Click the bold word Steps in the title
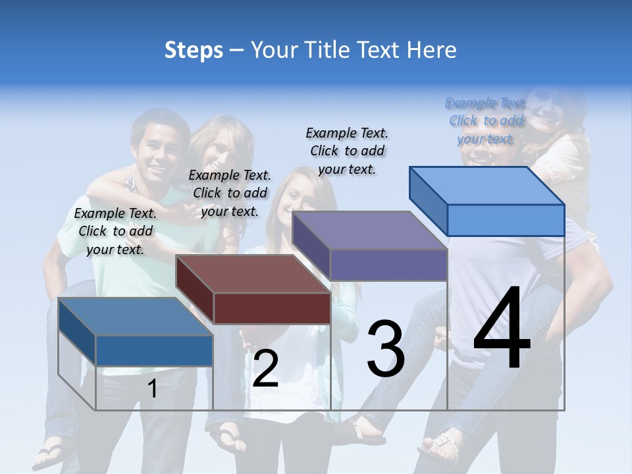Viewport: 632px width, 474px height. click(x=193, y=50)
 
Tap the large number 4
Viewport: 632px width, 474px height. click(x=502, y=330)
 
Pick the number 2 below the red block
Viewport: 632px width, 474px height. click(x=265, y=369)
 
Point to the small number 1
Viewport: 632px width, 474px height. click(x=152, y=388)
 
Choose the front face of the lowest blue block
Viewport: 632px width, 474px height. click(x=154, y=350)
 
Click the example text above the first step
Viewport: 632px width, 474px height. click(x=115, y=231)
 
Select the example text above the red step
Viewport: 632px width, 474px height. click(x=230, y=193)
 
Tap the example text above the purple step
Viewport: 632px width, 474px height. click(x=347, y=151)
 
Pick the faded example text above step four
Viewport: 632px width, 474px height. click(x=486, y=121)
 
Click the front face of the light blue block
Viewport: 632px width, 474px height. click(x=506, y=220)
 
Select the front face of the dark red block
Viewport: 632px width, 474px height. click(x=272, y=307)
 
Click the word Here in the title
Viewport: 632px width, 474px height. click(x=433, y=50)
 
